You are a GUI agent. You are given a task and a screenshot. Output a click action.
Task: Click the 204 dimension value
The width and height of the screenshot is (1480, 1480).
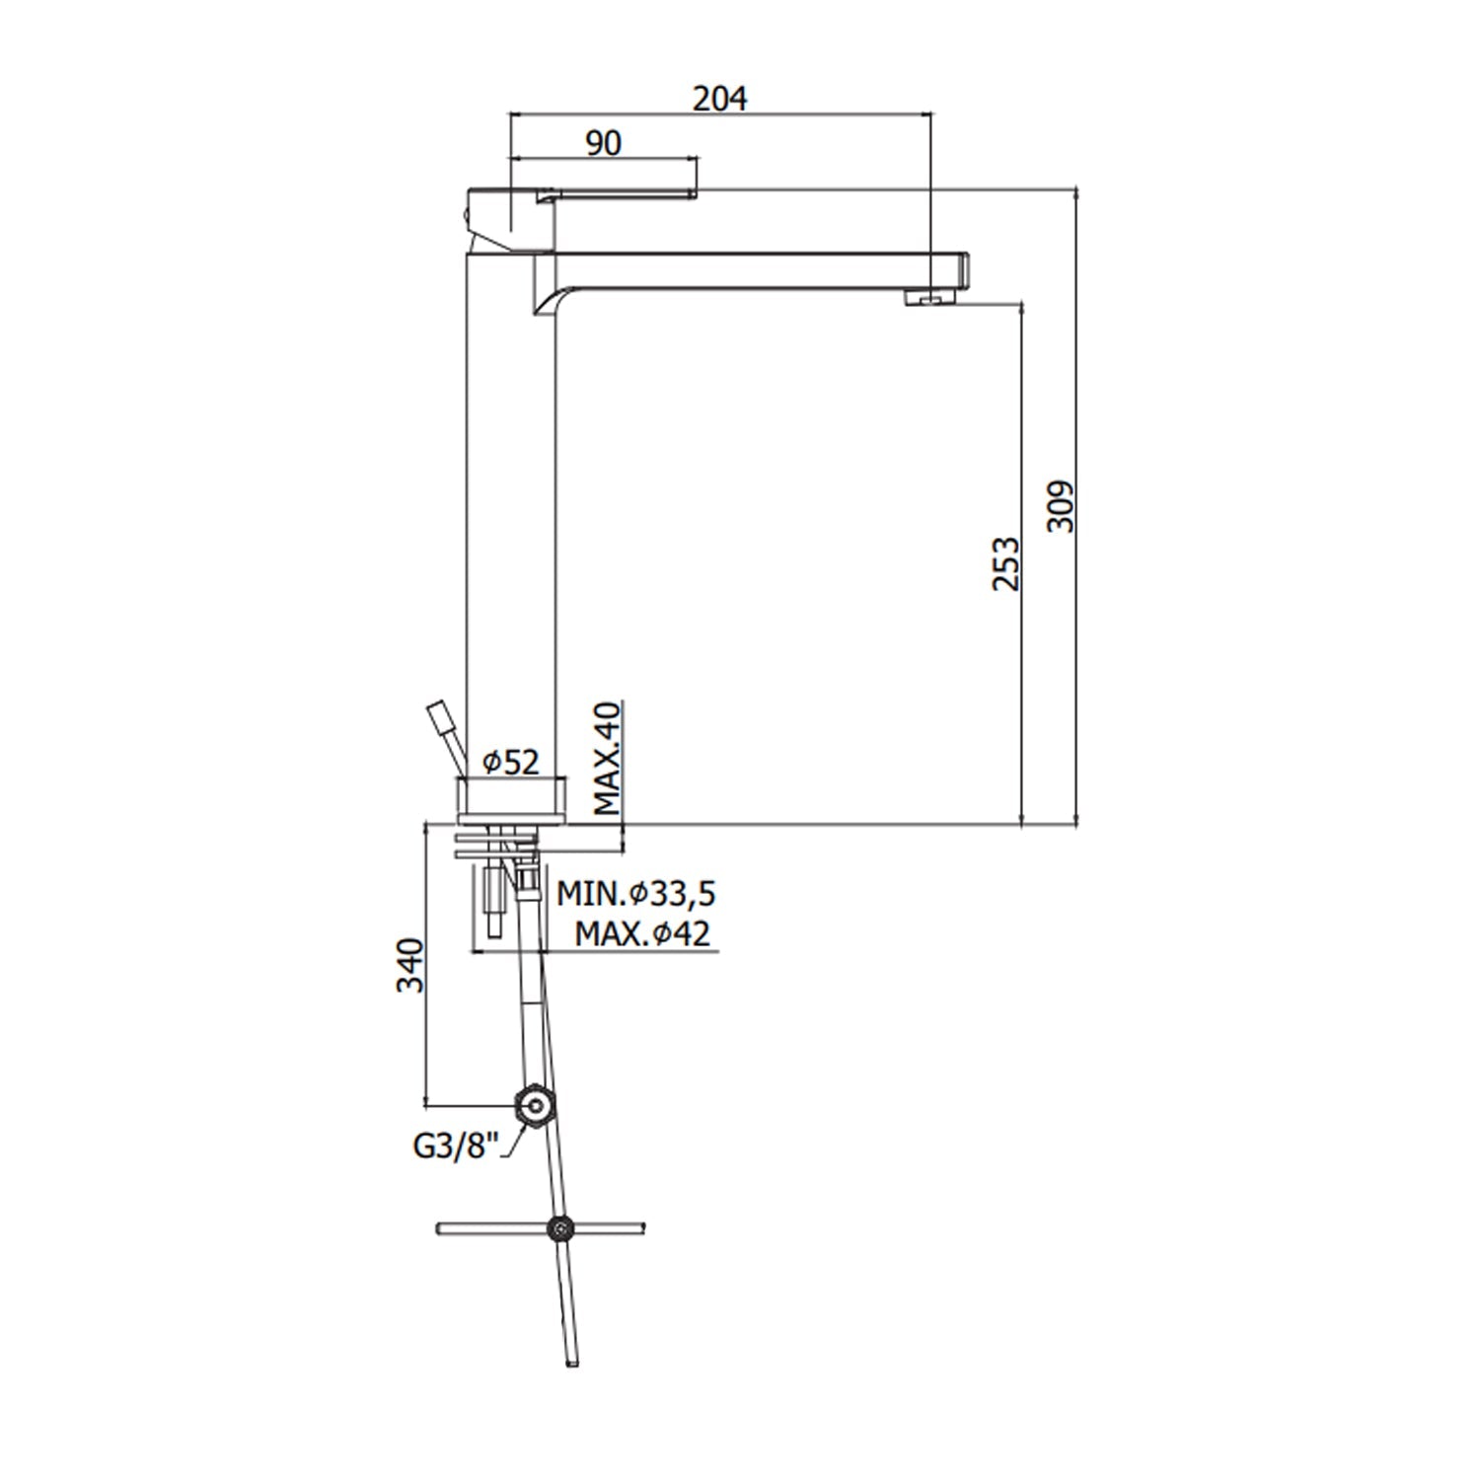point(719,99)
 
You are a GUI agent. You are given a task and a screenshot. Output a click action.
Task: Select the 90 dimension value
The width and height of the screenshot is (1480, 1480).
point(604,143)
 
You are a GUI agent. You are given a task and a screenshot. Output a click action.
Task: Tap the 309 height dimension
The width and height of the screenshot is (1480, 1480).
point(1061,506)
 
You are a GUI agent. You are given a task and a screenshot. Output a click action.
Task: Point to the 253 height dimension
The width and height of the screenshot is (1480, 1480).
point(1005,563)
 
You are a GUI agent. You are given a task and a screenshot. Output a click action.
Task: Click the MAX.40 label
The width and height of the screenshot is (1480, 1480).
point(608,758)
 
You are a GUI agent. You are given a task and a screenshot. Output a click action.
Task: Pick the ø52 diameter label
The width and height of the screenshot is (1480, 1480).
point(511,763)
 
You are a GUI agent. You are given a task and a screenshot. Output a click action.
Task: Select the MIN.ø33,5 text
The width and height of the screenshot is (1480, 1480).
point(635,895)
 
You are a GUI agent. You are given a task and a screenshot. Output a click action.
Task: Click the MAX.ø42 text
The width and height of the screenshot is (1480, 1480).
point(642,932)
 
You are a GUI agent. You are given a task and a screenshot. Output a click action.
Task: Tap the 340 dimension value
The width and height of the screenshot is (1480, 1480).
point(409,966)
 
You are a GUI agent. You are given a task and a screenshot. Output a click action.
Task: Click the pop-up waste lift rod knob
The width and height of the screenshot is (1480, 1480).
point(436,716)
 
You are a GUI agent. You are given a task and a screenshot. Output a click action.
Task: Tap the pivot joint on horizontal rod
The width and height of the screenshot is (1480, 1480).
point(560,1228)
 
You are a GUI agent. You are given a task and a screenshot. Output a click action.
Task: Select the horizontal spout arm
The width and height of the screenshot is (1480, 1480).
point(750,271)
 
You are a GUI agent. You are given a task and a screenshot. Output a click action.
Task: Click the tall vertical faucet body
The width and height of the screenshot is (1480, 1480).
point(511,513)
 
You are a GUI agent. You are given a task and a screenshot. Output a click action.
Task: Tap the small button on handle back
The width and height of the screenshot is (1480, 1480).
point(467,216)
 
